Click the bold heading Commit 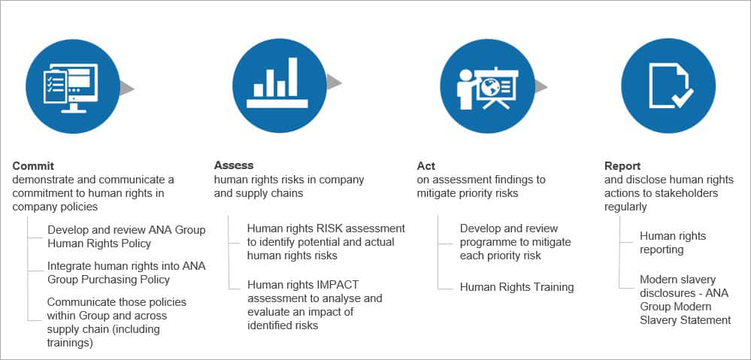(34, 166)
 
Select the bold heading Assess (234, 165)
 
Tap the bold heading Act (426, 166)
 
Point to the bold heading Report (622, 166)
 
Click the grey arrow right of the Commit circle (126, 88)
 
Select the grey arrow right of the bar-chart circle (334, 82)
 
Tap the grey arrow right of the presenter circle (541, 86)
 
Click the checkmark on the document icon (682, 98)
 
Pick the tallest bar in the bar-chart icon (292, 77)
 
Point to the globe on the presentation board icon (492, 86)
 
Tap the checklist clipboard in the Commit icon (55, 86)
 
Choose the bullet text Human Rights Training (516, 287)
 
